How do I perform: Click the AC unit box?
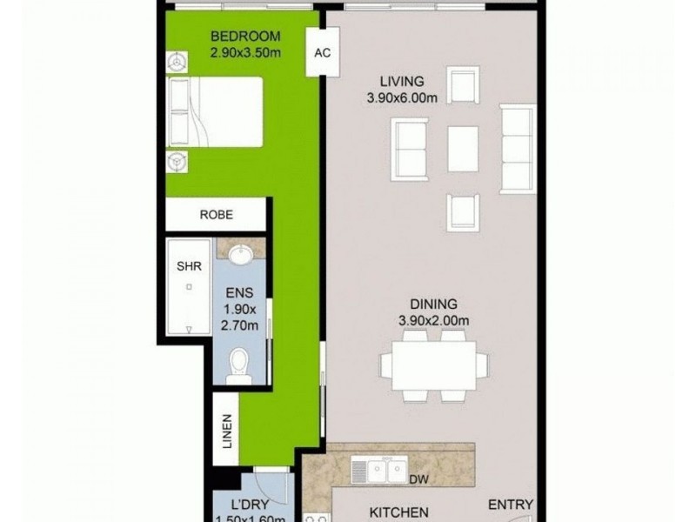322,51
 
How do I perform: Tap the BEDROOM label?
245,37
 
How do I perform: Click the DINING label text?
434,304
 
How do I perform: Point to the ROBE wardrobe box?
215,214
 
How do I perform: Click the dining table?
434,365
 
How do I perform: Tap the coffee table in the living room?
463,149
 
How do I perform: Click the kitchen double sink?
379,471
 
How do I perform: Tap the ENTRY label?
511,504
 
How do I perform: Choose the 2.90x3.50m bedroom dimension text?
245,54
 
